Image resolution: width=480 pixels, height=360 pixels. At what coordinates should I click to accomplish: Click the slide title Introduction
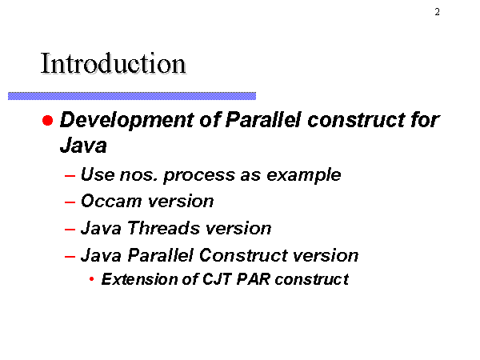point(113,63)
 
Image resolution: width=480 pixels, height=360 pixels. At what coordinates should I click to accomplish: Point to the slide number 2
point(437,12)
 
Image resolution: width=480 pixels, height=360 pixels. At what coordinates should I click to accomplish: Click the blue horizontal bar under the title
point(132,96)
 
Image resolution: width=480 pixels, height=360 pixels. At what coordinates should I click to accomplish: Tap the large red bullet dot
point(47,120)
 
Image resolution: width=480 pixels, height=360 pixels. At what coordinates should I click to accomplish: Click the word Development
point(126,120)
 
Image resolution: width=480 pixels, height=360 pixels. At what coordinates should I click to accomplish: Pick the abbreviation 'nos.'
point(138,175)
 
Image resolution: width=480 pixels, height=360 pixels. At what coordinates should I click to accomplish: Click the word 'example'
point(304,175)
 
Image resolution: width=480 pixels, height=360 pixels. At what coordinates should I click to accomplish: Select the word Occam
point(111,202)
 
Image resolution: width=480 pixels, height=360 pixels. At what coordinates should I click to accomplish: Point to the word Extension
point(139,279)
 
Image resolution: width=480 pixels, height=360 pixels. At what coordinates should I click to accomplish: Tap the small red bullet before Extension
point(91,279)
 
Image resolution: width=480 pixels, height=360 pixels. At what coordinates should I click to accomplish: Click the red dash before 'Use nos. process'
point(70,176)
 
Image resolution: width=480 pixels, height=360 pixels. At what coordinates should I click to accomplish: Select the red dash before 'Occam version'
point(70,202)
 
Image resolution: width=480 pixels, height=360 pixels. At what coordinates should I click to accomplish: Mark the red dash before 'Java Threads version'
point(70,230)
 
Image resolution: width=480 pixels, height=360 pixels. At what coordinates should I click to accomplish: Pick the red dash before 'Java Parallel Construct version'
point(70,256)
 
